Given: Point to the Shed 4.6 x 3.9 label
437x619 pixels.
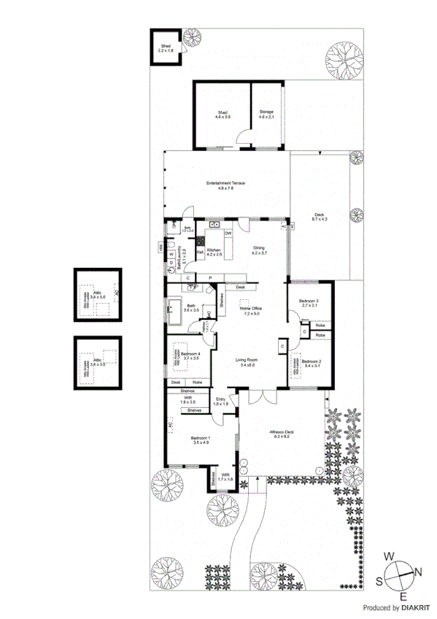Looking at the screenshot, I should tap(222, 114).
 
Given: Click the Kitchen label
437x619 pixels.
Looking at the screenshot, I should tap(214, 252).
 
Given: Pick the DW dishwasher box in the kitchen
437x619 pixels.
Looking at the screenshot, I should tap(228, 233).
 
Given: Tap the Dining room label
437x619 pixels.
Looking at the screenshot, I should tap(260, 250).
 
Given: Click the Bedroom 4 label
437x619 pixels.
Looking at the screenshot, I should tap(191, 355).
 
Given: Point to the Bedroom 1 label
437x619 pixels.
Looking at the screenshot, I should tap(201, 440).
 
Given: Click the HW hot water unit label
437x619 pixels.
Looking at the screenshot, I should tap(160, 248).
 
